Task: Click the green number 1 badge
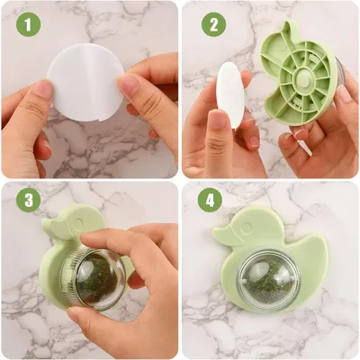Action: [30, 24]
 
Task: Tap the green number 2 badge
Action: [213, 24]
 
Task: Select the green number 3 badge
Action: [30, 199]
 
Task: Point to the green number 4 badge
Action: [213, 199]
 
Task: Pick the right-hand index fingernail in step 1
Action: [128, 85]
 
